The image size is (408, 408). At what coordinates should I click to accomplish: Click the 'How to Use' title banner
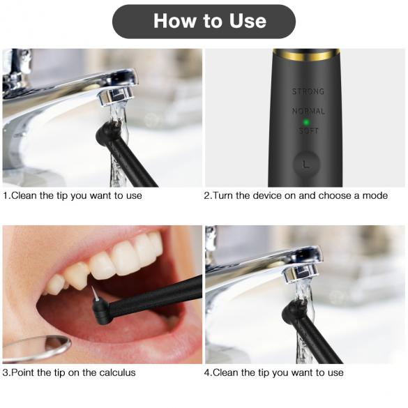[204, 21]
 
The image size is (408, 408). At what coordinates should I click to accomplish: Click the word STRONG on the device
[308, 91]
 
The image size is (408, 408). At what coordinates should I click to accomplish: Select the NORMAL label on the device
[308, 111]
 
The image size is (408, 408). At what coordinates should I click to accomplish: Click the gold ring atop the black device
[306, 52]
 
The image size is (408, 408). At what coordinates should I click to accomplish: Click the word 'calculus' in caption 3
[115, 373]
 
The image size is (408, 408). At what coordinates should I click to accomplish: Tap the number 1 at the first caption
[6, 196]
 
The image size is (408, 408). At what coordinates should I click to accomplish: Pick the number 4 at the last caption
[207, 373]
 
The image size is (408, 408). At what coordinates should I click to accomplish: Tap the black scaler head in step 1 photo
[105, 133]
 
